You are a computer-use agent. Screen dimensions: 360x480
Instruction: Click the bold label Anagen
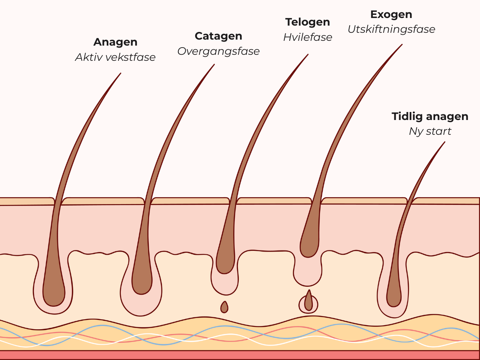(x=115, y=42)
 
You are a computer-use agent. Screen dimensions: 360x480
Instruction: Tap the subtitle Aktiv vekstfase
(x=115, y=57)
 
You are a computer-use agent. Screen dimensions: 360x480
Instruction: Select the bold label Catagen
(x=218, y=36)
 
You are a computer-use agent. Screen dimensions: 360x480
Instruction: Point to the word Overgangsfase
(x=218, y=51)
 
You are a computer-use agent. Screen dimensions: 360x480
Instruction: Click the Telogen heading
(x=308, y=22)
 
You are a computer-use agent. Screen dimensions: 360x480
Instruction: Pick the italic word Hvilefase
(x=308, y=37)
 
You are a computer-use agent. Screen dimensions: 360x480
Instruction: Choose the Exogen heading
(x=391, y=14)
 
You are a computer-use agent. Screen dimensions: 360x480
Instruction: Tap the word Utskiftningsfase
(x=391, y=29)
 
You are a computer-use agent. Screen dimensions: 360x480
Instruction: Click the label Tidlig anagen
(x=430, y=116)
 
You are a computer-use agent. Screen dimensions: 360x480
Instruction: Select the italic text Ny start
(x=430, y=131)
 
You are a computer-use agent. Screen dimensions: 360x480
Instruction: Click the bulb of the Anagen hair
(x=54, y=294)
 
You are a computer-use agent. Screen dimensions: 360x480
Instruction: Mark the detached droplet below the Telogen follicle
(x=224, y=307)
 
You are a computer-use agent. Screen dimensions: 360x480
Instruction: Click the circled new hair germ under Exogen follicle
(x=308, y=303)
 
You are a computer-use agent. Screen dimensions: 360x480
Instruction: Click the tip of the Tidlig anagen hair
(x=444, y=143)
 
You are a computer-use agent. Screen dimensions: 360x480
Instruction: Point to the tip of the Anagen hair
(x=120, y=74)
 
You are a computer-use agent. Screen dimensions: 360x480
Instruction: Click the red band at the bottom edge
(x=240, y=355)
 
